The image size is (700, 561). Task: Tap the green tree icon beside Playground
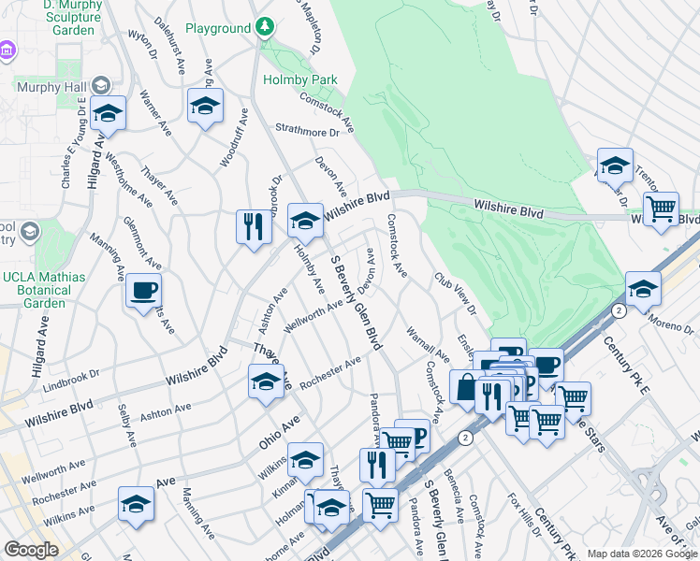[x=265, y=27]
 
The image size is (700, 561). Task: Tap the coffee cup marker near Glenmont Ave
[x=143, y=291]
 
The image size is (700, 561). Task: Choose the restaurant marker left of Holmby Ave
[x=254, y=227]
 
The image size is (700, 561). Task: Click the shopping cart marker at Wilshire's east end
[x=662, y=209]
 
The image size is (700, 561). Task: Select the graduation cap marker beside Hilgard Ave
[x=109, y=114]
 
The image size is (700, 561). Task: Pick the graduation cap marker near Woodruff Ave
[x=205, y=107]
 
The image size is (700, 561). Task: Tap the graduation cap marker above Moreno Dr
[x=643, y=289]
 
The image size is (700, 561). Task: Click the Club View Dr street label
[x=455, y=294]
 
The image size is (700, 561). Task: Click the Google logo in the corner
[x=31, y=550]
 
